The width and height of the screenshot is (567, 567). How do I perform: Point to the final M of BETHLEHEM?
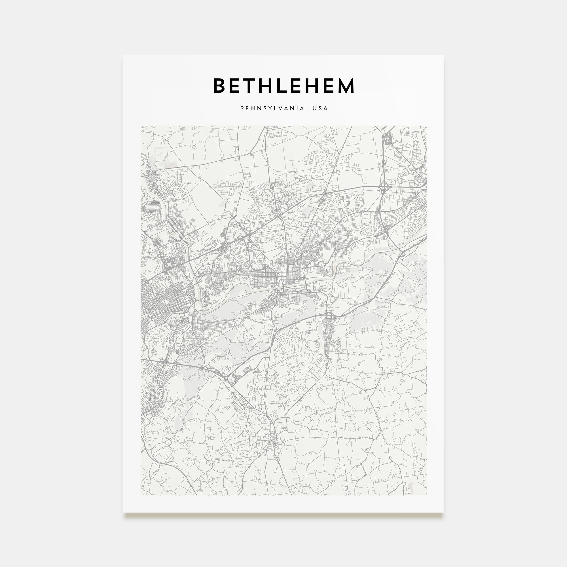click(x=346, y=86)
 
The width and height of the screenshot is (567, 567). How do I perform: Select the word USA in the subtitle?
click(x=320, y=108)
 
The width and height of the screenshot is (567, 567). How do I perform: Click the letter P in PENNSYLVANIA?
click(x=242, y=108)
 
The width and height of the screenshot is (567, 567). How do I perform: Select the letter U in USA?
click(x=314, y=108)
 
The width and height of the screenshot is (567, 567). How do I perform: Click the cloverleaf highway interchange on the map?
click(x=384, y=186)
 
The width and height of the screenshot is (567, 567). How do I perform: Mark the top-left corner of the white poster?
click(x=123, y=55)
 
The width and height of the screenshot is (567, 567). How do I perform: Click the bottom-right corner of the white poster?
click(x=444, y=512)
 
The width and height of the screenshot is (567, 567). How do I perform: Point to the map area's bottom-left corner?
click(x=141, y=495)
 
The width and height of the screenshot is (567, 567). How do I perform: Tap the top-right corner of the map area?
click(x=426, y=126)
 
